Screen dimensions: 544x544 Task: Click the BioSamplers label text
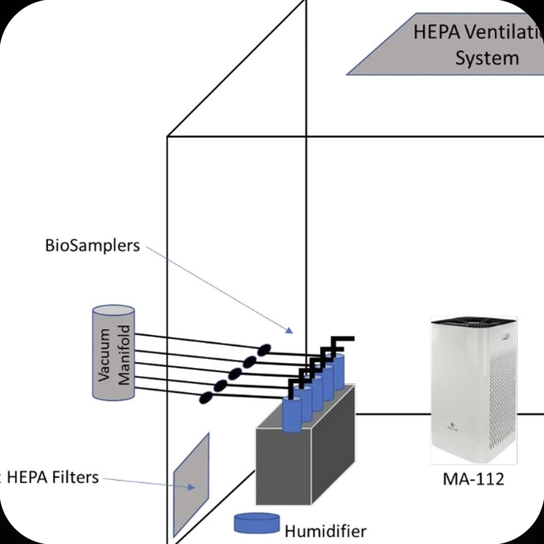92,246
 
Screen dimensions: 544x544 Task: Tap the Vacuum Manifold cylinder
114,353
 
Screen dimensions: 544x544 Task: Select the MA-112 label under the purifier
473,478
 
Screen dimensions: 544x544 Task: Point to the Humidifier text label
325,530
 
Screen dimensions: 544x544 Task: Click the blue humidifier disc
256,523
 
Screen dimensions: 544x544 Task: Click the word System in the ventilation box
487,58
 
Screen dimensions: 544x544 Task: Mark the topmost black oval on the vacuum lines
263,350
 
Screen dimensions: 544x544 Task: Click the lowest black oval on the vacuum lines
207,397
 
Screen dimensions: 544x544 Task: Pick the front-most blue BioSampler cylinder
292,414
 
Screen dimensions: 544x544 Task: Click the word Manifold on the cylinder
124,353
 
